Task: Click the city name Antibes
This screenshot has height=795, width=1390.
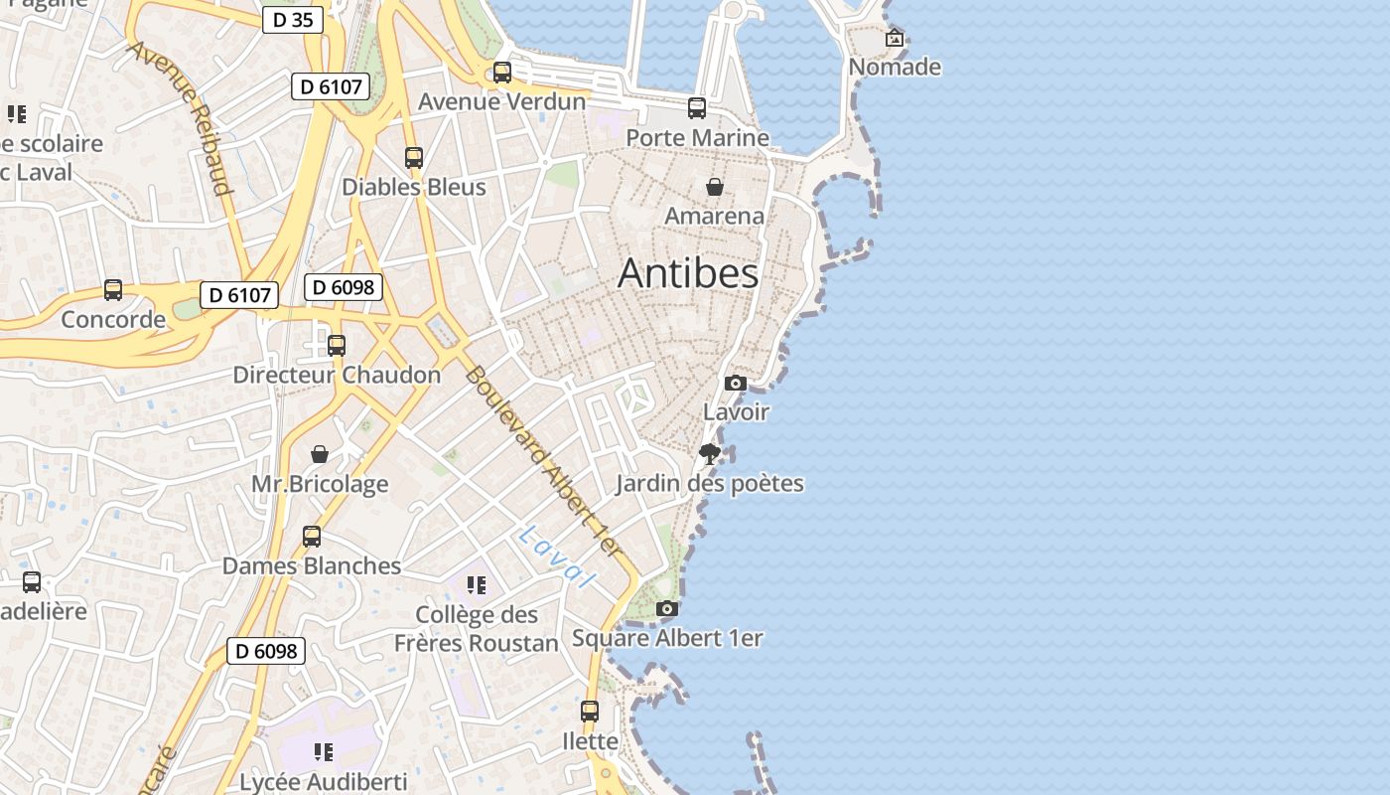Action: tap(688, 273)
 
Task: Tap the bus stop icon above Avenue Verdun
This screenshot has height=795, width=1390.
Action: tap(502, 73)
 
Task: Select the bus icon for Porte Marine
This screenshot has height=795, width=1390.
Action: tap(697, 108)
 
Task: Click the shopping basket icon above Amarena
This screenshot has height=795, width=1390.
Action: tap(714, 187)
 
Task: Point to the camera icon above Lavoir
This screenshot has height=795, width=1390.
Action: tap(736, 383)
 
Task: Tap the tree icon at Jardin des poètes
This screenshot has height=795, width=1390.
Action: tap(709, 455)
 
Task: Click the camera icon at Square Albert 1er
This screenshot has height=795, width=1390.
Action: tap(667, 609)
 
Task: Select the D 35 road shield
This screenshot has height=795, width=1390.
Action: tap(293, 19)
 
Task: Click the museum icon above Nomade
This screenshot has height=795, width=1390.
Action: tap(895, 39)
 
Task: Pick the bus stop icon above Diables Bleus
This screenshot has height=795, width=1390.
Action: tap(414, 158)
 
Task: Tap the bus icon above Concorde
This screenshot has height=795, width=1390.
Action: tap(113, 290)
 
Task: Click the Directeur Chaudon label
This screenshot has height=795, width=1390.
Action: tap(337, 375)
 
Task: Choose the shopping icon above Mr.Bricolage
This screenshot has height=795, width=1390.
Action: tap(320, 454)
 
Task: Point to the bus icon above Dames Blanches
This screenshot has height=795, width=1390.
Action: tap(312, 537)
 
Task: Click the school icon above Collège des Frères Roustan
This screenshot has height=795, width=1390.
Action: tap(477, 585)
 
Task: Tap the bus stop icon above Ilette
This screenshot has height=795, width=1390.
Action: tap(590, 712)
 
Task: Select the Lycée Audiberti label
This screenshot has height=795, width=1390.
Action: tap(323, 781)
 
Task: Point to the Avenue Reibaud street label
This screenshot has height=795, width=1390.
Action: tap(180, 117)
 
